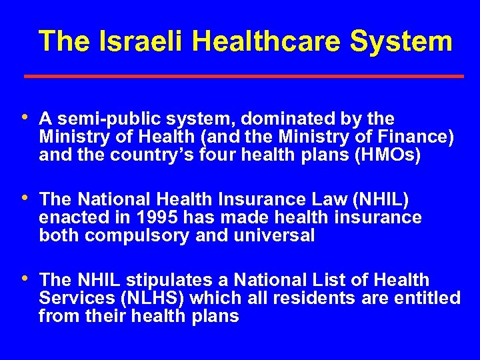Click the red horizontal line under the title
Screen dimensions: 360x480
click(244, 77)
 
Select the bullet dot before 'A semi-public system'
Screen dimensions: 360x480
click(25, 117)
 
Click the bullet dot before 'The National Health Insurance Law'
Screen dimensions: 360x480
click(25, 197)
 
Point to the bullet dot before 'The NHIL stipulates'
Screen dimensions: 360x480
click(25, 277)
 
